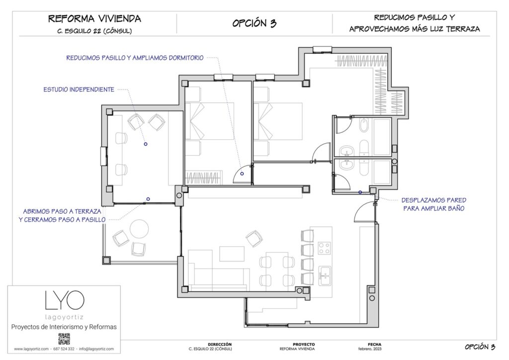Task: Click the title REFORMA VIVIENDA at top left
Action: click(94, 19)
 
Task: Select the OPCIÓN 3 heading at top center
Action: click(254, 23)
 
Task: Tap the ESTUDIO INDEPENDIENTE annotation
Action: click(79, 90)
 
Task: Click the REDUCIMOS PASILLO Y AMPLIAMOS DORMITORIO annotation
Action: click(135, 58)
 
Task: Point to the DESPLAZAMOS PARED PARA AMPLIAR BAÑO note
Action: click(433, 204)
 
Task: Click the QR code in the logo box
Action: click(64, 339)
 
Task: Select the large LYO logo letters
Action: click(64, 300)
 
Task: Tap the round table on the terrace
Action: click(139, 229)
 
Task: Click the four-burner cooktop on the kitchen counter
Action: click(325, 248)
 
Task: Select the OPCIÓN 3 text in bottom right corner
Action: click(480, 347)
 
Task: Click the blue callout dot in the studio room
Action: click(146, 144)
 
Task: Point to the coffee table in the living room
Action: click(232, 253)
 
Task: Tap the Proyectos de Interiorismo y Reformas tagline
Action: click(64, 327)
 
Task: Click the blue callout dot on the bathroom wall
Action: click(360, 192)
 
